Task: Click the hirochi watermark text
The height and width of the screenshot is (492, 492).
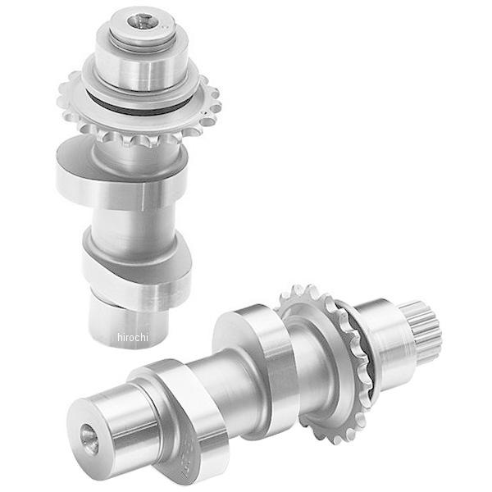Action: pos(132,337)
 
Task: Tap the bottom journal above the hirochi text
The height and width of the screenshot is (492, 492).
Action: pos(129,323)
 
